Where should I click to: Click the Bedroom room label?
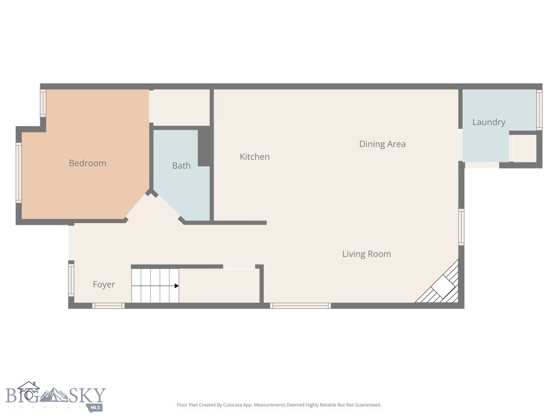coord(87,163)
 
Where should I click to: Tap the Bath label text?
coord(181,165)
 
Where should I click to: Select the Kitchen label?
coord(254,157)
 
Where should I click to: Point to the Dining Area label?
coord(382,144)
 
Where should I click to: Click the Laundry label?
coord(488,122)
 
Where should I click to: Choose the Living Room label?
coord(366,254)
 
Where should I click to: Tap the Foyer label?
coord(104,284)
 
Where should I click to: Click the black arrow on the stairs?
coord(176,285)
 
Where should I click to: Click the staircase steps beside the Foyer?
coord(153,285)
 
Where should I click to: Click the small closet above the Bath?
coord(180,107)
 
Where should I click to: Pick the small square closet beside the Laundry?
coord(524,148)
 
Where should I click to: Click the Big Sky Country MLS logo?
coord(54,396)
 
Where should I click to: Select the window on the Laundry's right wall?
coord(539,109)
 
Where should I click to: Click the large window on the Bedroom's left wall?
coord(19,172)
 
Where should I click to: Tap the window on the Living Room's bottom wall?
coord(300,306)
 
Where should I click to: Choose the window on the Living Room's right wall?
coord(461,226)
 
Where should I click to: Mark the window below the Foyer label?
coord(108,306)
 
